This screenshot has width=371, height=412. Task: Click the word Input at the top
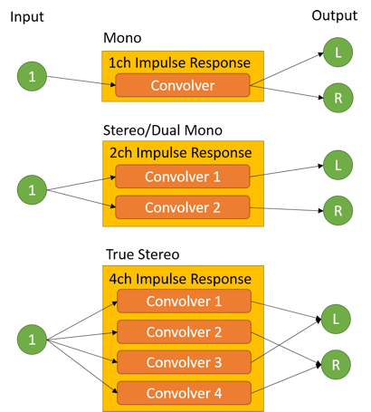point(27,17)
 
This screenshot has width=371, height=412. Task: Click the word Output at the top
point(335,15)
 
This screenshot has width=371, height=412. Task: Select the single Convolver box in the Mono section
point(183,85)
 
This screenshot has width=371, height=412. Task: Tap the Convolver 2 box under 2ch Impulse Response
point(183,207)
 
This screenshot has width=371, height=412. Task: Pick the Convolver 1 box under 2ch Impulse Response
point(183,177)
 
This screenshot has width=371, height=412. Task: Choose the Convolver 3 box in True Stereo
point(184,362)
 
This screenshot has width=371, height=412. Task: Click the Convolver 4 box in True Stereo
point(184,393)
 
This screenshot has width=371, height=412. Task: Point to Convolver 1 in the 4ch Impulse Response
point(184,302)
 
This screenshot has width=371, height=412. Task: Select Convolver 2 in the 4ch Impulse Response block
point(184,332)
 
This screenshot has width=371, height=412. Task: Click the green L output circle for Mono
point(338,53)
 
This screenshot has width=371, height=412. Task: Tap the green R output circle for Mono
point(338,98)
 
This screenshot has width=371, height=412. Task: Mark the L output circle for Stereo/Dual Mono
point(338,165)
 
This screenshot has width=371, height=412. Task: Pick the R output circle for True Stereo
point(336,365)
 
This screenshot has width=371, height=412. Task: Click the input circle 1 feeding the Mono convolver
point(32,76)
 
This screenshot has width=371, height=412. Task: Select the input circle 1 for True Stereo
point(32,340)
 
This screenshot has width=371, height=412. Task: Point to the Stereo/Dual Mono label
point(163,130)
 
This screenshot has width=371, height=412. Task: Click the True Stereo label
point(143,254)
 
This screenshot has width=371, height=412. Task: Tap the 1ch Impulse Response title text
point(179,62)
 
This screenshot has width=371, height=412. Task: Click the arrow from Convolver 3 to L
point(286,340)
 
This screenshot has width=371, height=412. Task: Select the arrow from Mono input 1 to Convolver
point(81,81)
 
